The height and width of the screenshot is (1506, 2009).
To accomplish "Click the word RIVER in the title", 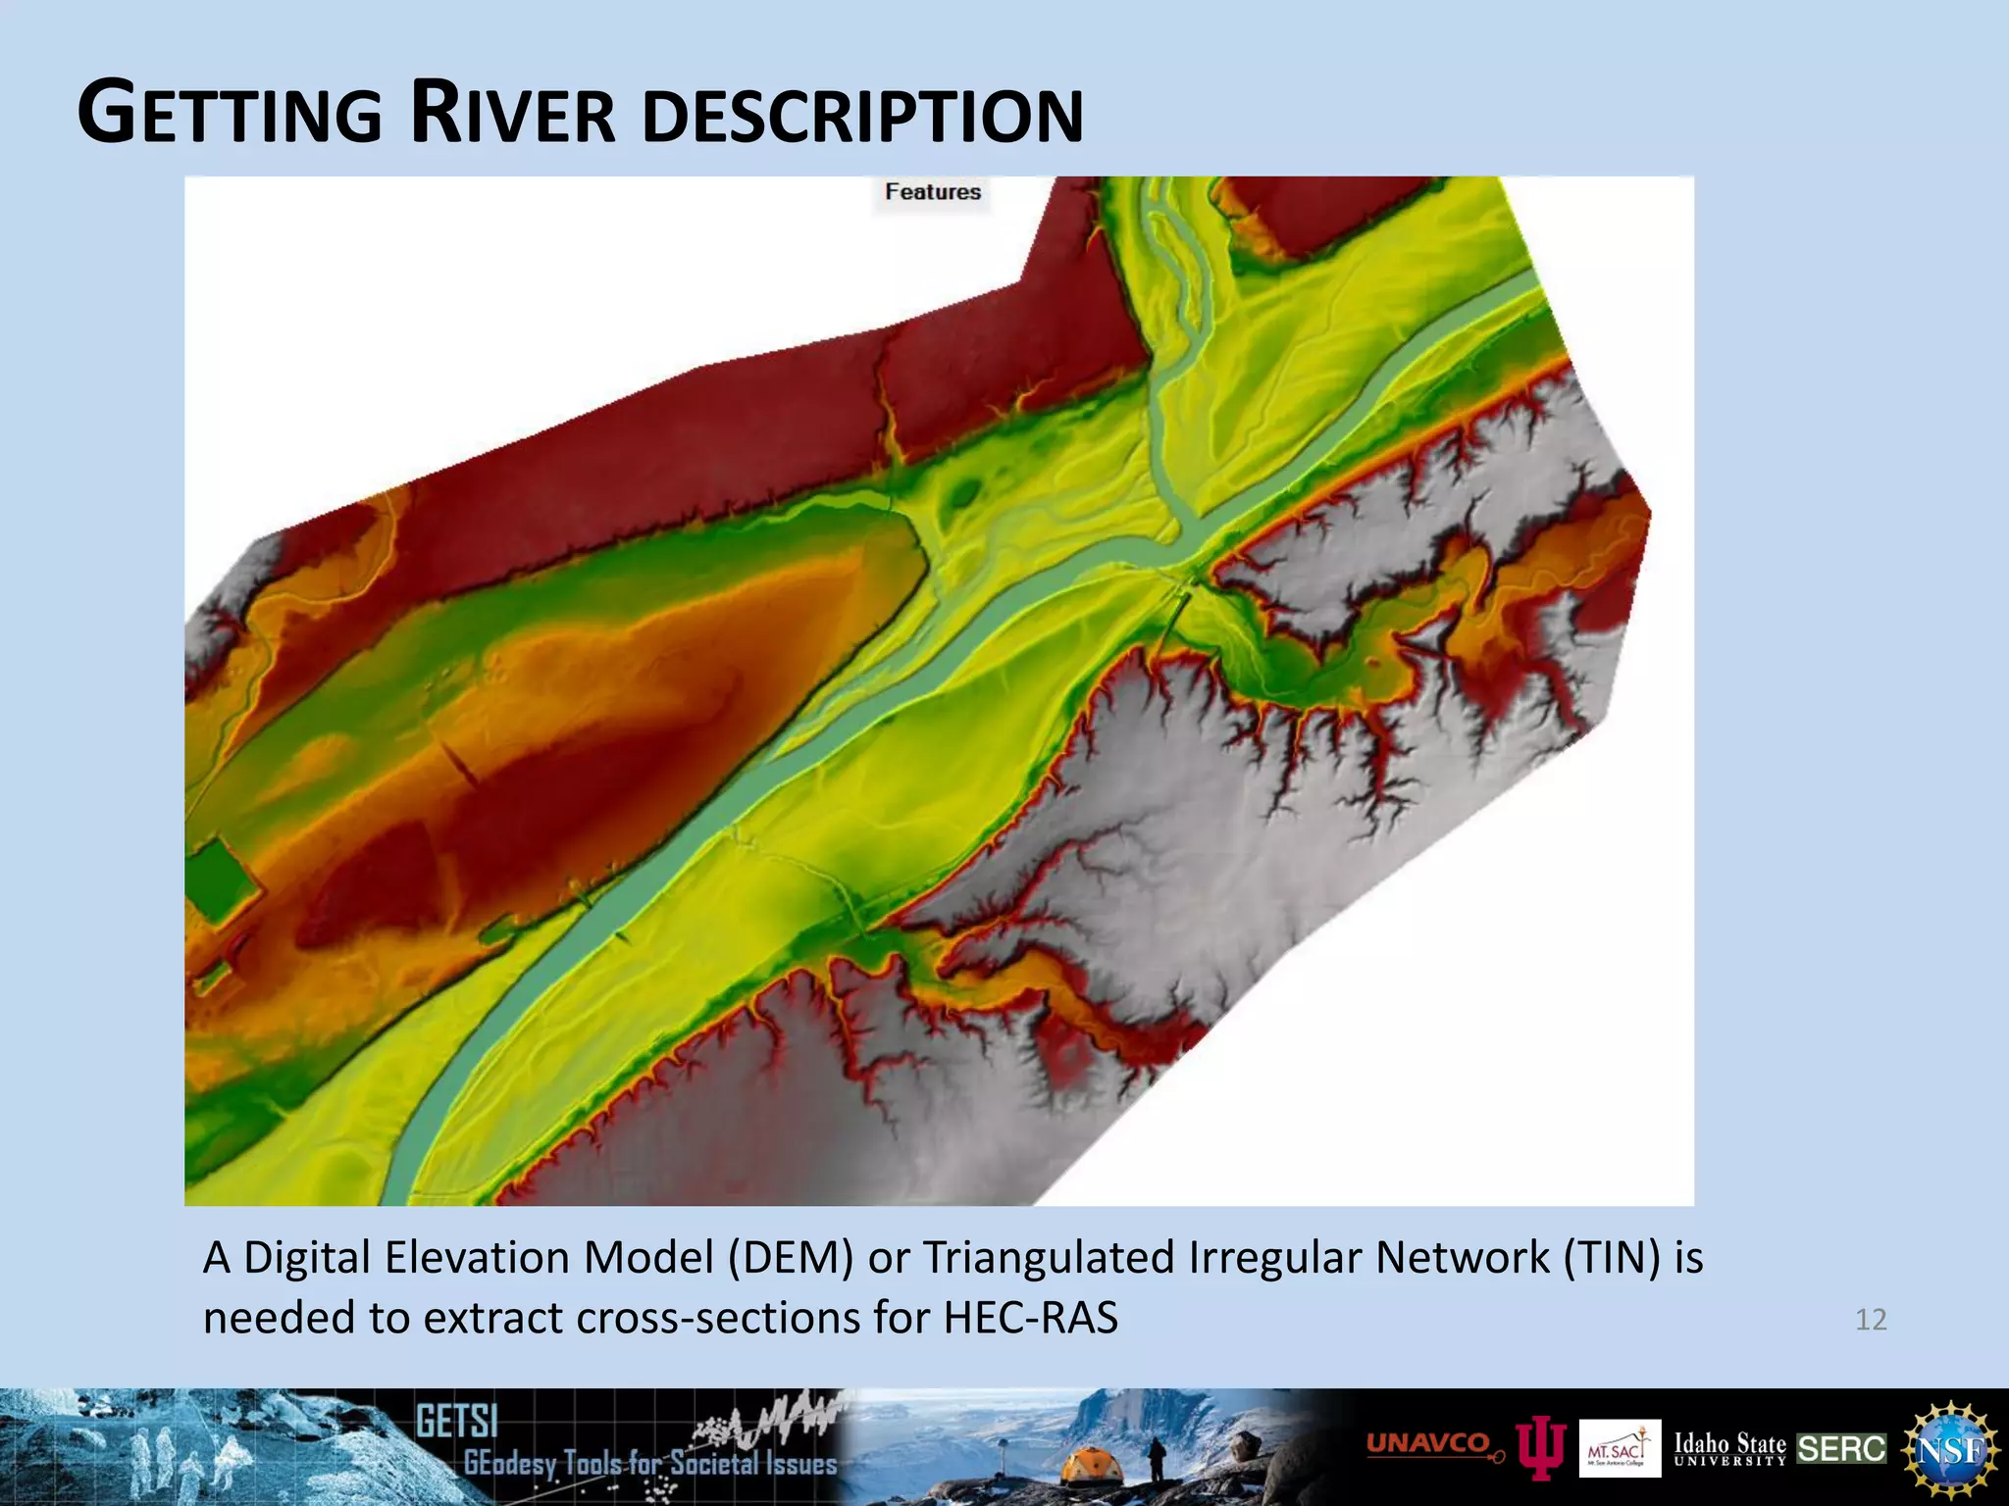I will pyautogui.click(x=513, y=114).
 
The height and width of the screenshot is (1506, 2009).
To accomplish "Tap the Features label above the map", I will pyautogui.click(x=932, y=192).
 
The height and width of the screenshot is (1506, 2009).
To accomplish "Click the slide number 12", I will pyautogui.click(x=1871, y=1320).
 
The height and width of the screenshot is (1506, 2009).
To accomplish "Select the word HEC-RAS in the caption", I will pyautogui.click(x=1030, y=1318).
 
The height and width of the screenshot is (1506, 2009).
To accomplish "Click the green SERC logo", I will pyautogui.click(x=1841, y=1449).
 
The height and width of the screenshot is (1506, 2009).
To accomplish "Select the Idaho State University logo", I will pyautogui.click(x=1729, y=1449).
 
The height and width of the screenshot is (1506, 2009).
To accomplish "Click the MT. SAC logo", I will pyautogui.click(x=1620, y=1449).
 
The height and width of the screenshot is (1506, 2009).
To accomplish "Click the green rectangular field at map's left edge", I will pyautogui.click(x=222, y=881).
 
